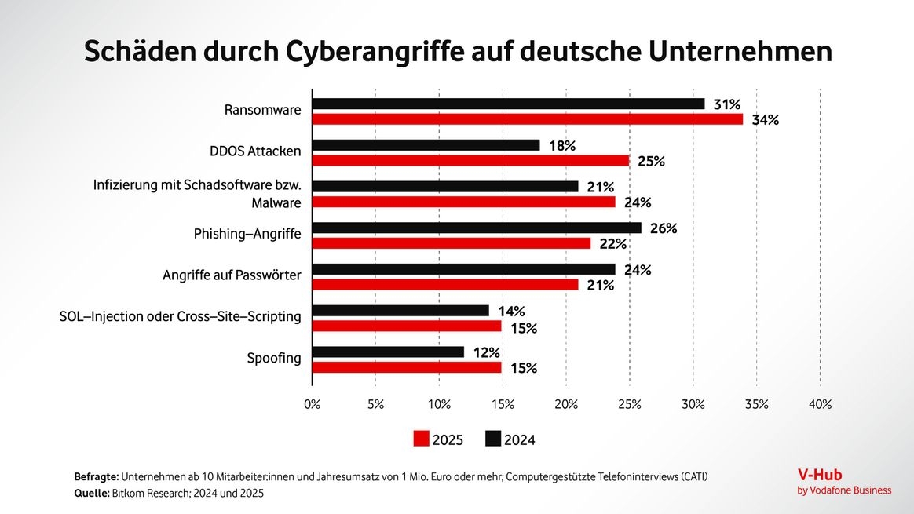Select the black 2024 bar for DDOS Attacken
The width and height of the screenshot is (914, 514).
[426, 145]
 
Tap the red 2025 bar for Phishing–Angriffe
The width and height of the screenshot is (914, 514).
[452, 243]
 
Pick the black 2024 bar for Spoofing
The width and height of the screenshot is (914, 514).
[389, 352]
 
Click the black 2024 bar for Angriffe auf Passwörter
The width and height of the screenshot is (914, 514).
[464, 269]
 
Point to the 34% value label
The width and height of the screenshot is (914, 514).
[765, 120]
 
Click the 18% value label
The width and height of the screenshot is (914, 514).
[561, 146]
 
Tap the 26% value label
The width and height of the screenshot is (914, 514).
[664, 229]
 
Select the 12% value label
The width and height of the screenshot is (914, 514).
[486, 352]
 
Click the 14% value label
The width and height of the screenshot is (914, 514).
[511, 312]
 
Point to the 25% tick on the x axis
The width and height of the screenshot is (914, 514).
[630, 405]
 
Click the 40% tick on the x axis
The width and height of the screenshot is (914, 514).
[820, 405]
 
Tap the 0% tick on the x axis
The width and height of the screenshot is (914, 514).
[313, 405]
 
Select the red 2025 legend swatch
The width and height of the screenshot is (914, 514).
[422, 439]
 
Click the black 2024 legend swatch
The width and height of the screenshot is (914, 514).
[493, 439]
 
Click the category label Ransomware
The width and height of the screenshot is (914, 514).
[262, 111]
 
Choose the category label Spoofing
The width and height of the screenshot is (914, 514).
[274, 359]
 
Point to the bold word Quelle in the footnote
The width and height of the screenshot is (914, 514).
[92, 494]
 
